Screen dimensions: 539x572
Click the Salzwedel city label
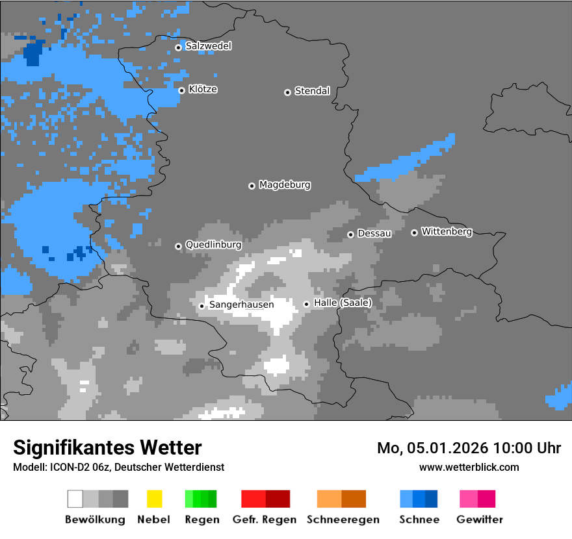pyautogui.click(x=208, y=46)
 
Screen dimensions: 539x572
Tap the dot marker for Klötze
pyautogui.click(x=182, y=90)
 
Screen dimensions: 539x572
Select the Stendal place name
pyautogui.click(x=312, y=91)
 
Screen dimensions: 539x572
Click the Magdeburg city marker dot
pyautogui.click(x=252, y=186)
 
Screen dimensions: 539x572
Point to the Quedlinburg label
pyautogui.click(x=213, y=245)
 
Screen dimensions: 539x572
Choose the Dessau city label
pyautogui.click(x=374, y=233)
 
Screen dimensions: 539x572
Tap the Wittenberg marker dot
pyautogui.click(x=414, y=232)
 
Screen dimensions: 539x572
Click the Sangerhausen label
pyautogui.click(x=241, y=305)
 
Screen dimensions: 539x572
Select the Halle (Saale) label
pyautogui.click(x=343, y=303)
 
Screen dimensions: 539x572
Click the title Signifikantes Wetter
pyautogui.click(x=107, y=447)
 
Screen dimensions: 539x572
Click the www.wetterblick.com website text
pyautogui.click(x=469, y=467)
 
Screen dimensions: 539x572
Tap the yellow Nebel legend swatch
pyautogui.click(x=154, y=499)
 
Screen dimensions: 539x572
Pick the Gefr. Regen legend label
pyautogui.click(x=265, y=520)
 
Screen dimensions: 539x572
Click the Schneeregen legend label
pyautogui.click(x=343, y=520)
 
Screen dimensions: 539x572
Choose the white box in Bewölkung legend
pyautogui.click(x=75, y=499)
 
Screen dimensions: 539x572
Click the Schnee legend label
pyautogui.click(x=419, y=520)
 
